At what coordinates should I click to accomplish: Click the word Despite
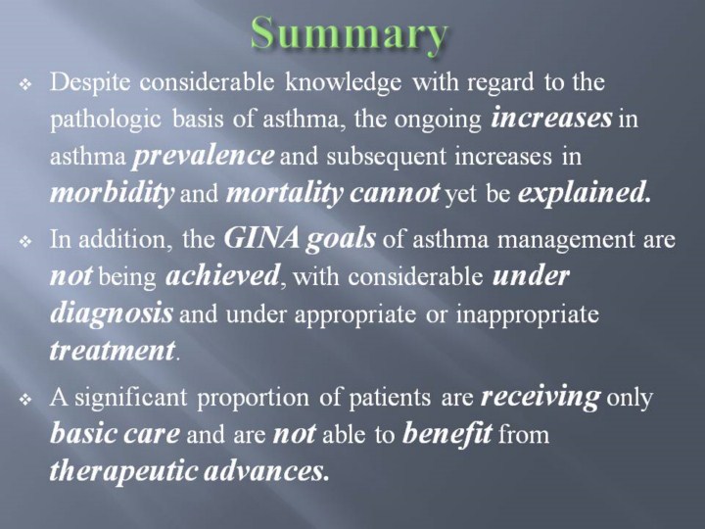click(x=90, y=83)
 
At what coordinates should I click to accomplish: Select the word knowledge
click(x=343, y=83)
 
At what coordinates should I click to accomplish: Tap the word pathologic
click(x=105, y=120)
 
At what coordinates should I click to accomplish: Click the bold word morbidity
click(x=112, y=194)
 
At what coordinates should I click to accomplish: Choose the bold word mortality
click(x=285, y=194)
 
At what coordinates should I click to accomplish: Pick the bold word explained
click(x=584, y=194)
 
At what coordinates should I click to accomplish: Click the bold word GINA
click(x=261, y=238)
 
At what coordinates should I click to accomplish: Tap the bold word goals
click(x=341, y=240)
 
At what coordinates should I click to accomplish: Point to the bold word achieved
click(x=222, y=276)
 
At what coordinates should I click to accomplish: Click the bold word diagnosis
click(x=112, y=314)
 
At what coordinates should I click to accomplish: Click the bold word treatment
click(x=113, y=352)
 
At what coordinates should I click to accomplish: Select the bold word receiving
click(x=540, y=398)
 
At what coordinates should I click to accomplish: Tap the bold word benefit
click(x=446, y=435)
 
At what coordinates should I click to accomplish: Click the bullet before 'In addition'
click(x=26, y=242)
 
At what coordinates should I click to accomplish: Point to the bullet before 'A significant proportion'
click(x=26, y=400)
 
